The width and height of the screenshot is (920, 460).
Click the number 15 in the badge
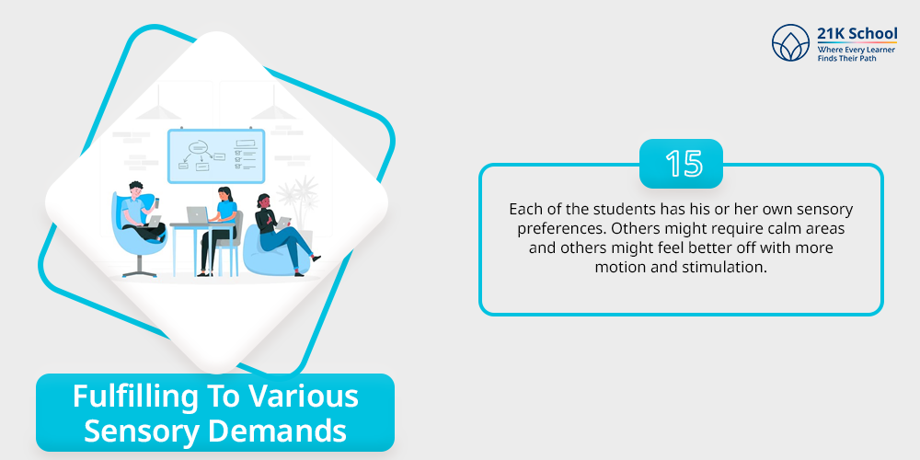684,164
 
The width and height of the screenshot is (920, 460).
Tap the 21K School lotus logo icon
791,43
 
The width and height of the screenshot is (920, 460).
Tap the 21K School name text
857,33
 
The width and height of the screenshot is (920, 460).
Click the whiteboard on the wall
216,156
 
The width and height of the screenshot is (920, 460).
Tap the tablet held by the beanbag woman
284,221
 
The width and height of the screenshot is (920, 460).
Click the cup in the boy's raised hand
156,202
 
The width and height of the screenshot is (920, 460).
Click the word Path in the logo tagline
868,58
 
